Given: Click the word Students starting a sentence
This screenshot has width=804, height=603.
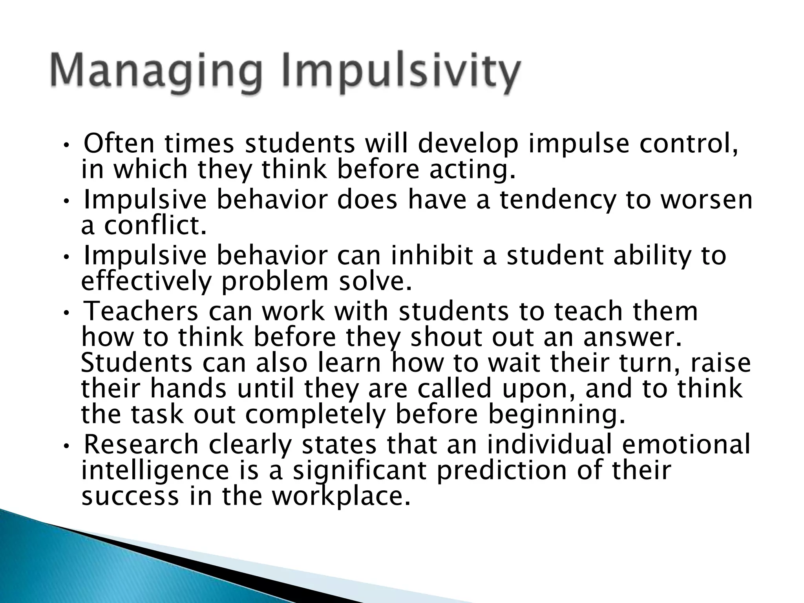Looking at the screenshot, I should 137,363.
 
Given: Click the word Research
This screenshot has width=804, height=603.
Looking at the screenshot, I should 141,445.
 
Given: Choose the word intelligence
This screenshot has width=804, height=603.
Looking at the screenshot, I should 155,471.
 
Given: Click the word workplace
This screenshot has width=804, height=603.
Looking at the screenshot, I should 342,497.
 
